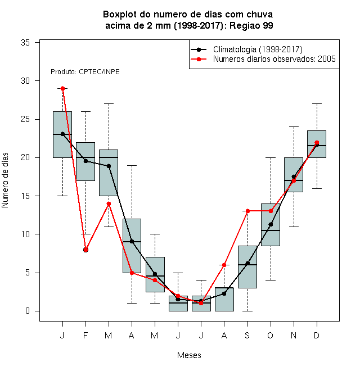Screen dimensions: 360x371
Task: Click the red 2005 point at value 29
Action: point(62,88)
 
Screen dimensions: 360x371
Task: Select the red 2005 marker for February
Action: point(85,250)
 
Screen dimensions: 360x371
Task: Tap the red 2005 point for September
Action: point(247,211)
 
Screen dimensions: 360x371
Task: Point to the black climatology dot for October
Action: point(271,224)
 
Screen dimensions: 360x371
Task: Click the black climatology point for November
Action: point(294,177)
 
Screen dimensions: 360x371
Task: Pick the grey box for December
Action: point(317,144)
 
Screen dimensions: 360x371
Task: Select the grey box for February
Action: point(85,161)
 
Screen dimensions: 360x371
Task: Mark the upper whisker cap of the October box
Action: point(271,157)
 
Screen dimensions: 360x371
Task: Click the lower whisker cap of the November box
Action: point(294,227)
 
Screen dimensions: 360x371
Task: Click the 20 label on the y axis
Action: point(25,157)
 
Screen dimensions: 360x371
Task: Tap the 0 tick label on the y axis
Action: point(28,311)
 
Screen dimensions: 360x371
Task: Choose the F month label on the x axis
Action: point(85,335)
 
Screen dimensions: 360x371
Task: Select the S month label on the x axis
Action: point(247,335)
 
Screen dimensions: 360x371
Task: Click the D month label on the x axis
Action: point(317,335)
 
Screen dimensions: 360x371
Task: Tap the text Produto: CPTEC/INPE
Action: point(85,72)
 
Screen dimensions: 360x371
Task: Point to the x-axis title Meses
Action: point(189,355)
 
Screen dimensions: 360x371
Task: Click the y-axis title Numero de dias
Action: point(5,180)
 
